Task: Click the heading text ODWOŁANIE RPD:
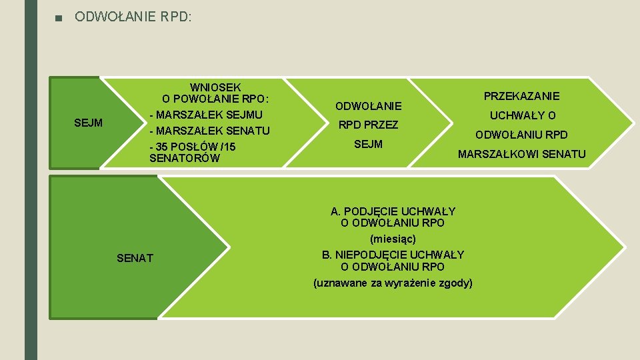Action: [x=133, y=16]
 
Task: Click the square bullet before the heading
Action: [x=59, y=17]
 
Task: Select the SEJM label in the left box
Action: [x=89, y=123]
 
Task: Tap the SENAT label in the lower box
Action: [x=135, y=258]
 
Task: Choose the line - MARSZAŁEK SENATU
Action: [x=209, y=130]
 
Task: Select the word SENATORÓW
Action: [x=184, y=159]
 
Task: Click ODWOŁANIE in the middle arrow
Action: [x=368, y=106]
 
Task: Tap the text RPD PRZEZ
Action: [x=368, y=125]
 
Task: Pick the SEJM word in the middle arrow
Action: [x=368, y=144]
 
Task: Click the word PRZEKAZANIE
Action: [x=521, y=96]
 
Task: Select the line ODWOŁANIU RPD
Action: [x=521, y=135]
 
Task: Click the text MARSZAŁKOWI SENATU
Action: [x=521, y=155]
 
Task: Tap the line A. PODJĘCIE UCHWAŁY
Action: [x=393, y=211]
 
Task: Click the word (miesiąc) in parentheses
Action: [x=393, y=239]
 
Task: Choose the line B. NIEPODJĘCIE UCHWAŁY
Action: [x=393, y=255]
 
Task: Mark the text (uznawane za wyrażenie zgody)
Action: [x=393, y=283]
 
